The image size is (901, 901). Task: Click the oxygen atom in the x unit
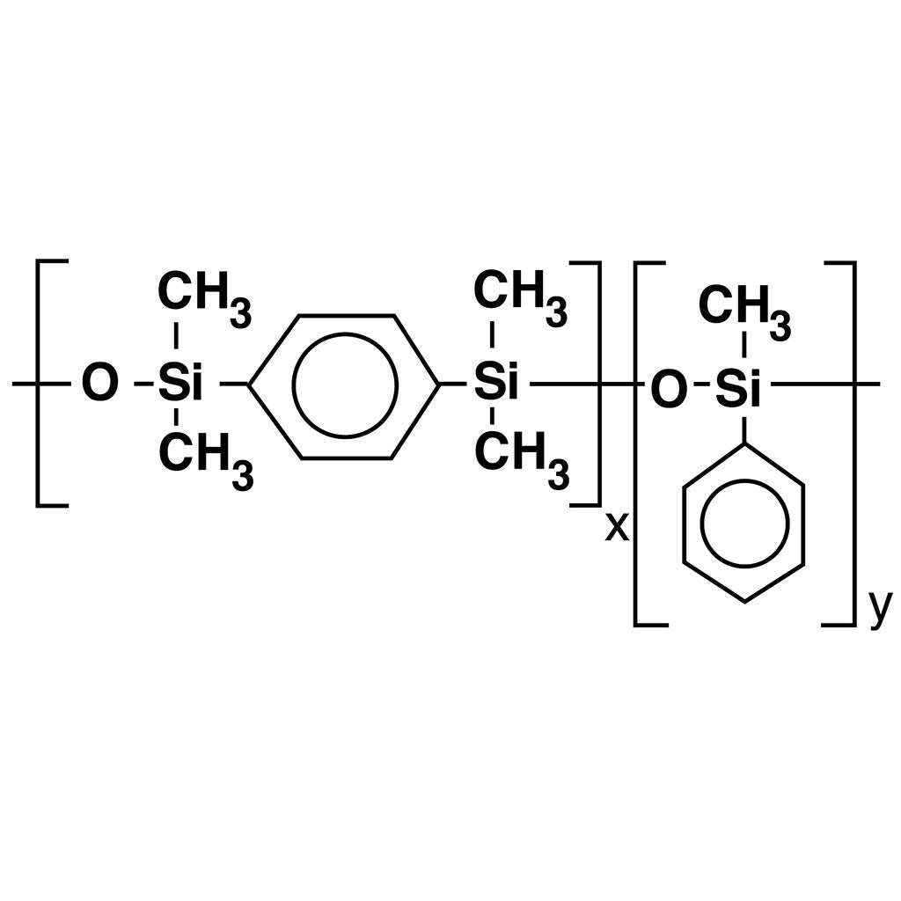click(x=100, y=383)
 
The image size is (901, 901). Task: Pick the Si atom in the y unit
click(x=738, y=389)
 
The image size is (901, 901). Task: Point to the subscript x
click(x=617, y=528)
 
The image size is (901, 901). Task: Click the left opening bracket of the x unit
click(x=38, y=384)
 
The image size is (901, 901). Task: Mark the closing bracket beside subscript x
click(x=599, y=384)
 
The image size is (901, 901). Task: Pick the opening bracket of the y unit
click(x=635, y=443)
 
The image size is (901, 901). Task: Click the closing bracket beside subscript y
click(x=854, y=443)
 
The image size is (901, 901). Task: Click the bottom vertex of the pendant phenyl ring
click(x=744, y=602)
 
